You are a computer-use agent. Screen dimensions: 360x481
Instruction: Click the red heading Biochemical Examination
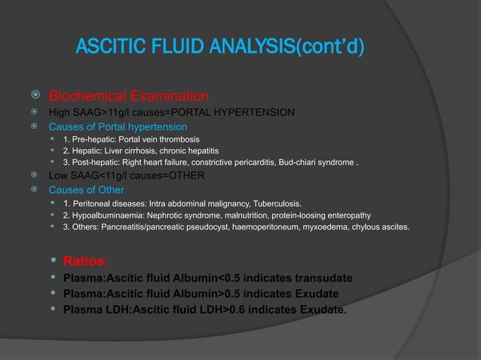129,96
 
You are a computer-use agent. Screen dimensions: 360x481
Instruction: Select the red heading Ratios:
85,262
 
